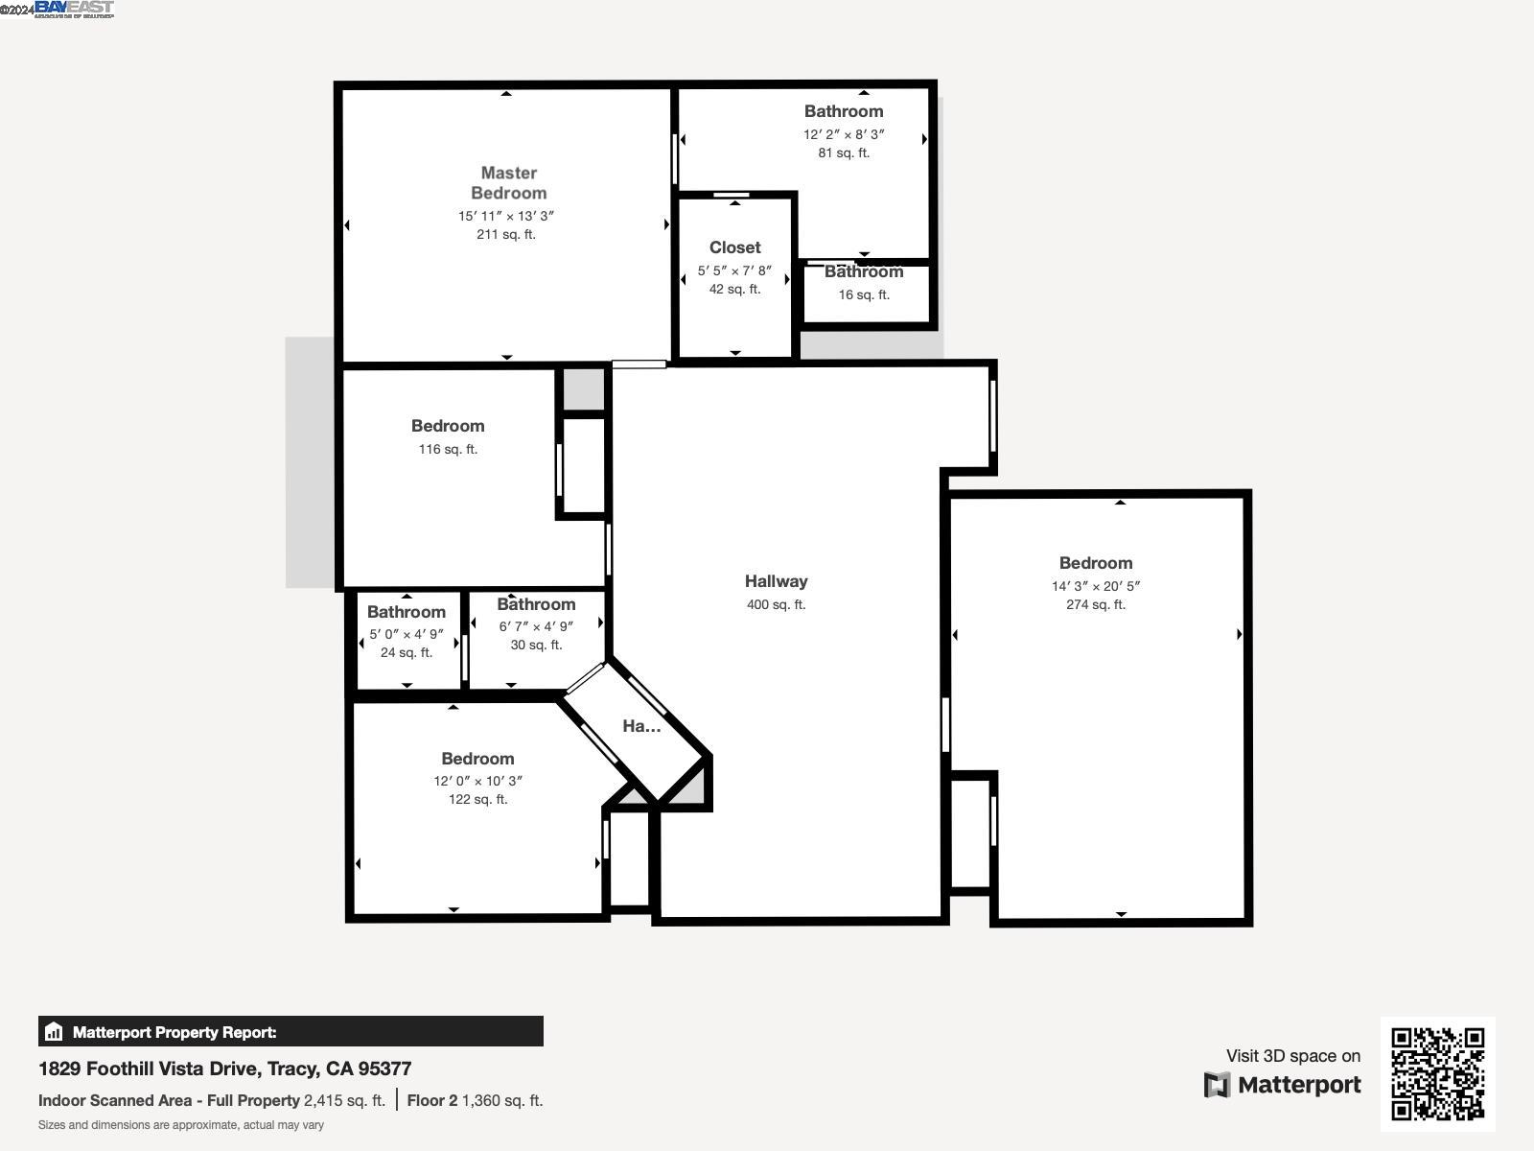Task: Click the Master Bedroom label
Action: click(x=508, y=182)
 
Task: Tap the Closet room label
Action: click(x=735, y=247)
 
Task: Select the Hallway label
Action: click(x=776, y=581)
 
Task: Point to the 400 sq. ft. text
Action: click(x=776, y=604)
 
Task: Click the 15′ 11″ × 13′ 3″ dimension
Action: click(x=506, y=216)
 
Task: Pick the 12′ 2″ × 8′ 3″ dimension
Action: click(x=844, y=134)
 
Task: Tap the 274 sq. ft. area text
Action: click(x=1095, y=604)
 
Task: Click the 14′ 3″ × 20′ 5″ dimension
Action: click(x=1095, y=586)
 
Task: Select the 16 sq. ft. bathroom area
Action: click(x=864, y=294)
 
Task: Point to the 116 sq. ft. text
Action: click(x=448, y=449)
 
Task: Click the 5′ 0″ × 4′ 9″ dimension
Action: click(x=407, y=634)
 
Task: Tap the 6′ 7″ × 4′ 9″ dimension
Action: click(x=536, y=626)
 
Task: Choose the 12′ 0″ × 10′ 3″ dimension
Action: click(x=477, y=781)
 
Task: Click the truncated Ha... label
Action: click(x=641, y=726)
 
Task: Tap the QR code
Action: click(x=1437, y=1073)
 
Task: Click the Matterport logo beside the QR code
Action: click(x=1283, y=1085)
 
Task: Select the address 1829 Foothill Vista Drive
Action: click(x=224, y=1069)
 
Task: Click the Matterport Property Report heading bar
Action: click(x=291, y=1032)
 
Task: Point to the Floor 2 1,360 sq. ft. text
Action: click(x=475, y=1100)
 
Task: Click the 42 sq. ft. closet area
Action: click(x=734, y=289)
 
